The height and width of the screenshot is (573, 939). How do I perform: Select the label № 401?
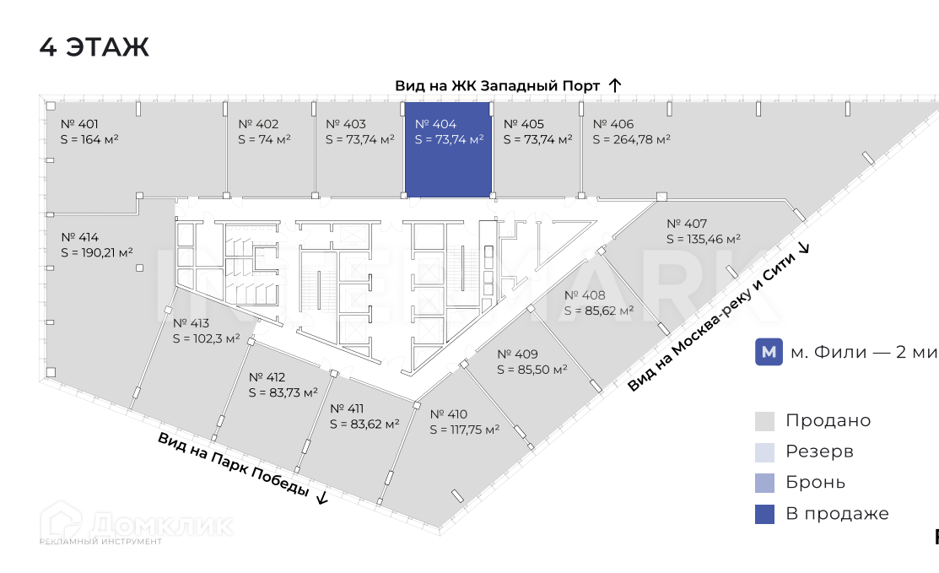pos(79,124)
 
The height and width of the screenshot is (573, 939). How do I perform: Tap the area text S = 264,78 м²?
pos(631,139)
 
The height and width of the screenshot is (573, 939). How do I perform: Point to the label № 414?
pos(80,236)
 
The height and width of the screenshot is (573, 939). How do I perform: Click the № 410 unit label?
pos(448,414)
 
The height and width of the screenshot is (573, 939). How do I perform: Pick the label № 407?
pos(687,224)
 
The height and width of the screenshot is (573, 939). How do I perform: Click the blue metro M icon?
pos(768,353)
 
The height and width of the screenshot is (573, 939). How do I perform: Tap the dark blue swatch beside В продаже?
pos(764,514)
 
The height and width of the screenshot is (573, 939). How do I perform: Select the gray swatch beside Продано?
pos(764,420)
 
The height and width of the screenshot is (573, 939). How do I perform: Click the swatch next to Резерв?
pos(764,451)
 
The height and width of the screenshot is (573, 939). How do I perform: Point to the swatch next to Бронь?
pos(764,483)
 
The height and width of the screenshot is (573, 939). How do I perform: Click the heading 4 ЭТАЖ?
pos(94,47)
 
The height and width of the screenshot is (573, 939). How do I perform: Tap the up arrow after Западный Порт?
pos(615,85)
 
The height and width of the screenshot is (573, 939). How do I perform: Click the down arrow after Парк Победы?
pos(321,497)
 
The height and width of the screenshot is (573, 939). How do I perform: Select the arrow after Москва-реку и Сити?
pos(803,247)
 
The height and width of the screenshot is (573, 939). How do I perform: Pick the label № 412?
pos(267,377)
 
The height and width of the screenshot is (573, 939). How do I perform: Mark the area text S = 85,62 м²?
pos(598,311)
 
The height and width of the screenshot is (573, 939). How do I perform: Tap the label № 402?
pos(258,124)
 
